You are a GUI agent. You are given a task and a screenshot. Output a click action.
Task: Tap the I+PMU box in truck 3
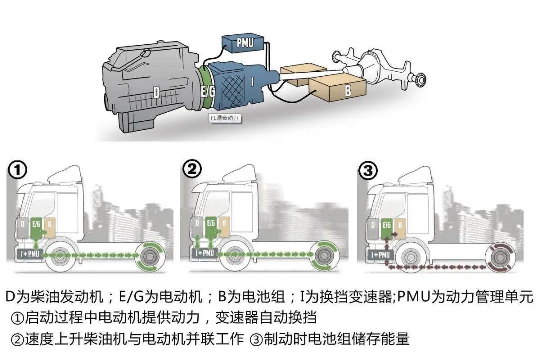[380, 255]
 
